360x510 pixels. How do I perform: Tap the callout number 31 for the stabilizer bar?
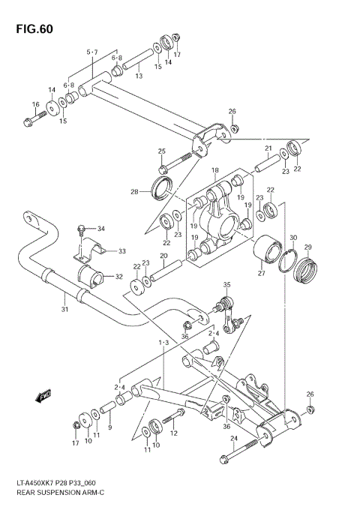point(64,310)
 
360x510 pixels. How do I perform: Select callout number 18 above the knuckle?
point(214,171)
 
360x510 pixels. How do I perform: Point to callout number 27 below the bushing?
point(262,274)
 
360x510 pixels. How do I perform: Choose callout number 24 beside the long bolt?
point(233,438)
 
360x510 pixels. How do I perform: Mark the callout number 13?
point(139,76)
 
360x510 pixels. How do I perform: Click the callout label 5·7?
point(92,52)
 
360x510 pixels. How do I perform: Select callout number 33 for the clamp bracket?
point(121,250)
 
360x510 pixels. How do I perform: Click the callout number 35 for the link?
point(227,285)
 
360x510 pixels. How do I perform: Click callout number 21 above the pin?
point(268,148)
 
